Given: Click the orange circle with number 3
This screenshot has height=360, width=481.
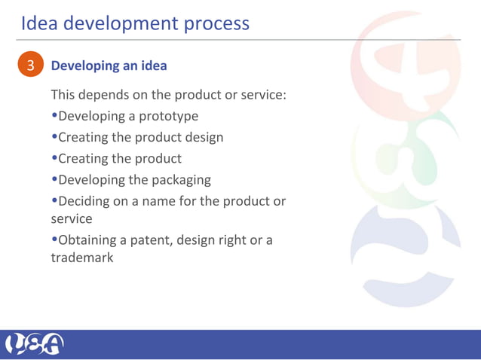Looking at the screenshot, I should click(30, 66).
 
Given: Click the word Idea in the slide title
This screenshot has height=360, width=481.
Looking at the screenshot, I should click(39, 23).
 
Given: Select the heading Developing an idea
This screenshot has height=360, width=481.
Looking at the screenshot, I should click(109, 66).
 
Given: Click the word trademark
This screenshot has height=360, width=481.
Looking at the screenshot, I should click(82, 258).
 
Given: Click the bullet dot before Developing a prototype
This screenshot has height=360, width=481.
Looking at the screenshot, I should click(54, 117).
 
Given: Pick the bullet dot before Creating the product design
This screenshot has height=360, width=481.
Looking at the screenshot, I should click(54, 138).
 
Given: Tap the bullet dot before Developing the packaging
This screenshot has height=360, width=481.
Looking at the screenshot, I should click(54, 180).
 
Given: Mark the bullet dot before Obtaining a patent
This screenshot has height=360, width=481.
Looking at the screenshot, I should click(54, 240).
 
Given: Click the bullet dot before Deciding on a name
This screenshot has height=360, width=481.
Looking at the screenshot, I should click(54, 202).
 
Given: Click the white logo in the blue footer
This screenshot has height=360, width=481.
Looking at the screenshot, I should click(35, 344).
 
